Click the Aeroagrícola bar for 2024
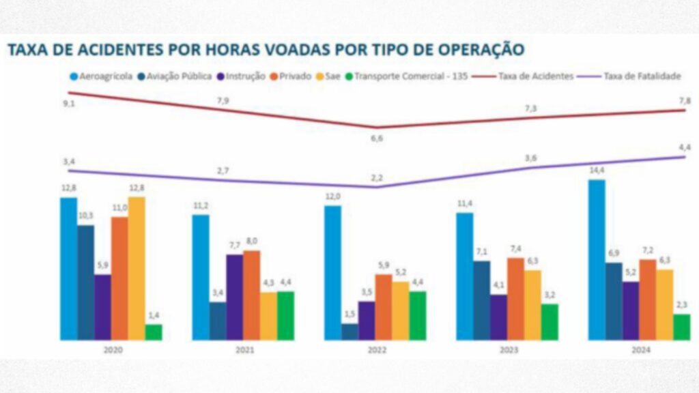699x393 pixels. [x=597, y=260]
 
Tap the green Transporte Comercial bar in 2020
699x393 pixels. [x=154, y=332]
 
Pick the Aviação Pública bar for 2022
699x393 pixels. [x=350, y=332]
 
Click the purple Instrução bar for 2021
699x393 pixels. [x=235, y=297]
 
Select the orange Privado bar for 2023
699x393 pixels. [x=515, y=298]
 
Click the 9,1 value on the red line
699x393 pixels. [x=67, y=104]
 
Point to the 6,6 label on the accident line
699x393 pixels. [x=376, y=139]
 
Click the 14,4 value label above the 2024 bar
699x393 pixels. [x=597, y=170]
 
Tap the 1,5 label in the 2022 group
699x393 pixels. [x=350, y=315]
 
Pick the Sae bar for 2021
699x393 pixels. [x=268, y=316]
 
